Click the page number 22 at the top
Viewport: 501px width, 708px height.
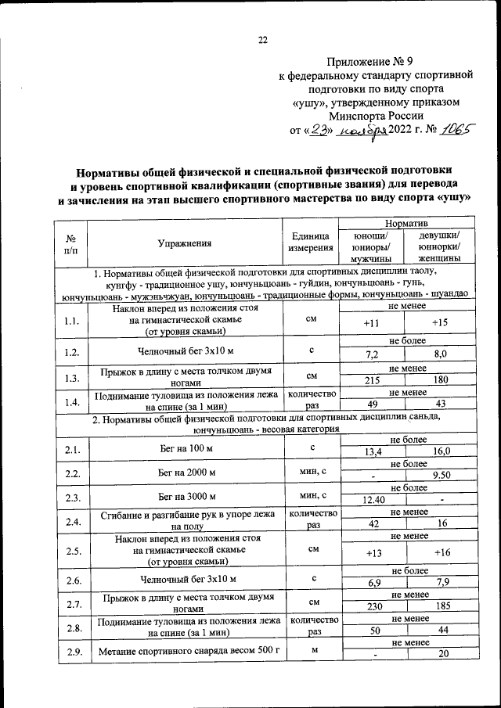[262, 41]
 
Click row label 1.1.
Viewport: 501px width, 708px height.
[71, 320]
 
